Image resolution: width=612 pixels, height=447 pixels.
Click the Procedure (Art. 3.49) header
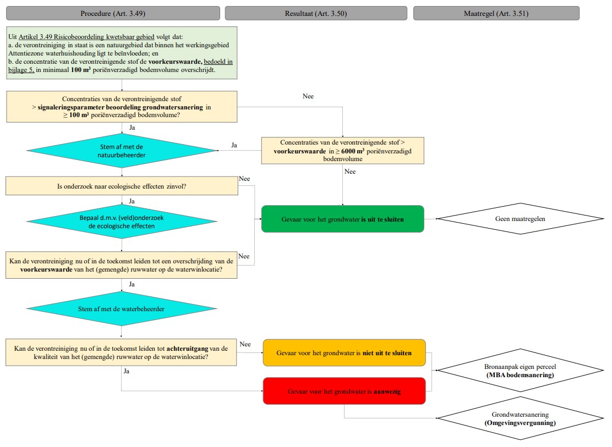coord(113,14)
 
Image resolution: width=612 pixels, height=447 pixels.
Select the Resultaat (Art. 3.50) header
coord(316,14)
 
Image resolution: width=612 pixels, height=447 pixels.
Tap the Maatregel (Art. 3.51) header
coord(496,14)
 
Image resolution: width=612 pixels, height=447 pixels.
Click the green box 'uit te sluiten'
coord(342,219)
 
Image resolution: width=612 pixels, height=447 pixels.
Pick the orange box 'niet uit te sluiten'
coord(344,352)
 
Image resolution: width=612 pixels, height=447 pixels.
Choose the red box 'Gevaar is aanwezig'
coord(344,391)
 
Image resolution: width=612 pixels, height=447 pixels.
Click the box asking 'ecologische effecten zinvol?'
coord(122,186)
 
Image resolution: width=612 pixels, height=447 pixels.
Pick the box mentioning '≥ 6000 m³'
coord(342,150)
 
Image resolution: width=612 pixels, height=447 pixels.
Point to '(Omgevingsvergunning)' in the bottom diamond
coord(520,423)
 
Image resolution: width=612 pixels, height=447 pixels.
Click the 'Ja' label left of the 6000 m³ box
coord(234,146)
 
